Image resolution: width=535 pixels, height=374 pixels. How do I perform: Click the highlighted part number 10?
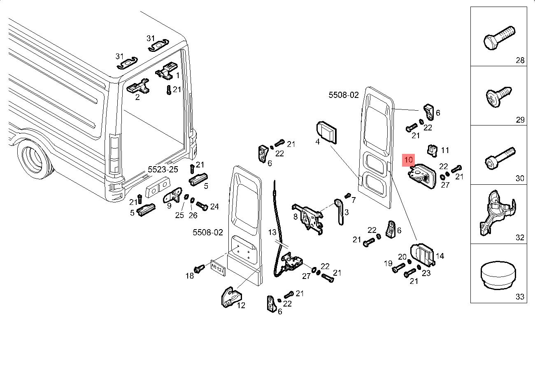pos(409,160)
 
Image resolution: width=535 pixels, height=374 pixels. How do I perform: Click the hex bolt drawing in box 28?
pos(498,37)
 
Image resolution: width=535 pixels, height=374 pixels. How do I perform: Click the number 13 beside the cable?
pos(273,232)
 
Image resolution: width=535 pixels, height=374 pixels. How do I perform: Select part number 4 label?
pos(317,142)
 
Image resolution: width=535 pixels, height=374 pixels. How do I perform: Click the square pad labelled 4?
pos(327,132)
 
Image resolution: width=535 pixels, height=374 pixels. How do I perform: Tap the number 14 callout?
pos(440,256)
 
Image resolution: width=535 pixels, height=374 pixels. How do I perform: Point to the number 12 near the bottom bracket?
pos(241,305)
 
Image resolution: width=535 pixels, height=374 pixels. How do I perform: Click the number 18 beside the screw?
pos(189,276)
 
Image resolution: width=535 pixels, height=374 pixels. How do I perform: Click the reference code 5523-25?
pos(163,170)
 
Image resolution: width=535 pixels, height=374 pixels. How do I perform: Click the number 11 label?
pos(445,151)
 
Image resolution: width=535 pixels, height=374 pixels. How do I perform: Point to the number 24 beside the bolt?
pos(214,207)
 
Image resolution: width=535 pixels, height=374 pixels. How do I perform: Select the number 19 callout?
pos(388,263)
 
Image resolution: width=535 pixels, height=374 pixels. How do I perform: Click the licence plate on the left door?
pos(217,266)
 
